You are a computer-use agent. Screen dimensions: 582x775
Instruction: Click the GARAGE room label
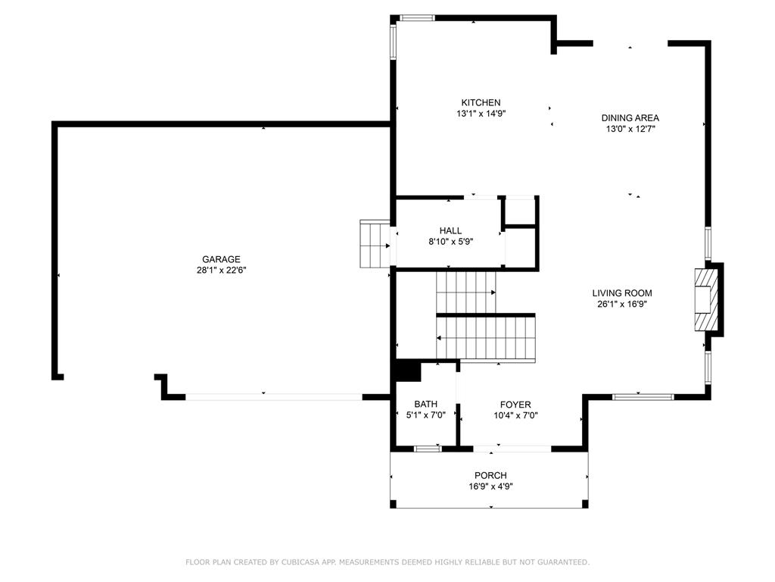coord(221,259)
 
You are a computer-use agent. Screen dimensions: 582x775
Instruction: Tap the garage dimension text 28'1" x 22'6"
coord(221,271)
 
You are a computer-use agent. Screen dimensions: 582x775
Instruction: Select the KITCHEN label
coord(481,103)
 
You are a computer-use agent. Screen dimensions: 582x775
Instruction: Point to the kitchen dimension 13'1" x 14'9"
coord(481,114)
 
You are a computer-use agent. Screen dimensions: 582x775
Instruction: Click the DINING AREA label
coord(630,118)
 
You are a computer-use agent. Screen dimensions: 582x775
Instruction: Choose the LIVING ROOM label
coord(621,293)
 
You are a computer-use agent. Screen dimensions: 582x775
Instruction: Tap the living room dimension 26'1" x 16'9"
coord(621,304)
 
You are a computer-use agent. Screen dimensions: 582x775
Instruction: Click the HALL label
coord(450,231)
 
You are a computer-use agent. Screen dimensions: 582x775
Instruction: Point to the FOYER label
coord(515,405)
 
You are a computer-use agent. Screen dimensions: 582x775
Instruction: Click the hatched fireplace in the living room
coord(705,299)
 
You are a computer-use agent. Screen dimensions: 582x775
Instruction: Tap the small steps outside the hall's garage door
coord(374,244)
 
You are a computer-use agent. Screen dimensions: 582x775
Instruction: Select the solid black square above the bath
coord(407,371)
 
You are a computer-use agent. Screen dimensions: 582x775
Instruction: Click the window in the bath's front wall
coord(428,449)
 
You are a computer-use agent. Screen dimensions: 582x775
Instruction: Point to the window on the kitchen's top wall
coord(416,18)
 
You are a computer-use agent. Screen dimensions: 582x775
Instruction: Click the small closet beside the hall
coord(520,211)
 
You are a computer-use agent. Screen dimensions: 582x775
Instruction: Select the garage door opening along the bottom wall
coord(274,396)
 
